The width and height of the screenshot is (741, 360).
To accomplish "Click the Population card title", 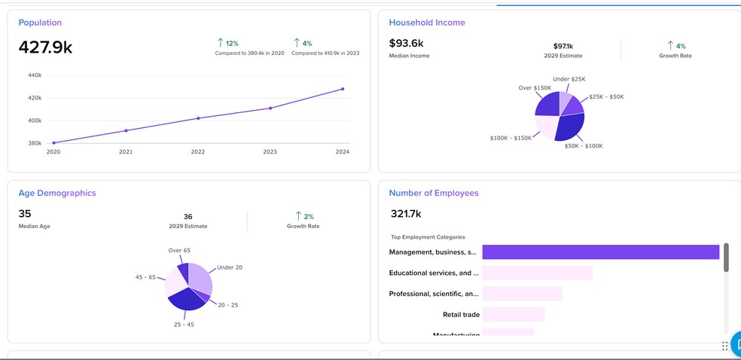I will coord(40,23).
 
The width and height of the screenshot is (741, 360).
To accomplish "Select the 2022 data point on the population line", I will coord(198,118).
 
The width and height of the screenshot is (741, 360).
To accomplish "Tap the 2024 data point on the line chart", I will coord(343,89).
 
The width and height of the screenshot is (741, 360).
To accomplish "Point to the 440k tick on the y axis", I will coord(35,75).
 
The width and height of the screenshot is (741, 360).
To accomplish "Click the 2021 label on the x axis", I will coord(126,152).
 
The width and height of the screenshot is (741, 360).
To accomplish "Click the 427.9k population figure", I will coord(45,47).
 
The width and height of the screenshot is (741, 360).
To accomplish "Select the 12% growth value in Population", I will coord(232,44).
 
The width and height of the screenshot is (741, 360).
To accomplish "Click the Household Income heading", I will coord(427,23).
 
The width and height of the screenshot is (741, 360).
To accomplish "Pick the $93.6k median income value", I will coord(406,43).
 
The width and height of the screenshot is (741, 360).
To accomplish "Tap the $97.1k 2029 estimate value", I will coord(563,46).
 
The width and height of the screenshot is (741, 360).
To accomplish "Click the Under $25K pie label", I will coord(569,79).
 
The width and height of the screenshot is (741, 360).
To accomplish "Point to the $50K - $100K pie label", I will coord(583,146).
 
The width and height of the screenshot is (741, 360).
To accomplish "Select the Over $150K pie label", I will coord(535,88).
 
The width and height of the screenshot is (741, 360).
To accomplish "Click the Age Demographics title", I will coord(57,193).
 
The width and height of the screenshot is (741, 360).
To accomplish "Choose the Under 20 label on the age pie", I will coord(230,267).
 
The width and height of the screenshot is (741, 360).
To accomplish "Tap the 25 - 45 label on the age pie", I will coord(184,325).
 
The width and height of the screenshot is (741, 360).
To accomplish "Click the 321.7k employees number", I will coord(406,214).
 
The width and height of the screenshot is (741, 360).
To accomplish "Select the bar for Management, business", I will coord(600,252).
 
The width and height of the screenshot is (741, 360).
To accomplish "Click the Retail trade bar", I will coord(513,314).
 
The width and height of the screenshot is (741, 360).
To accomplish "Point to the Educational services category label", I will coord(433,273).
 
